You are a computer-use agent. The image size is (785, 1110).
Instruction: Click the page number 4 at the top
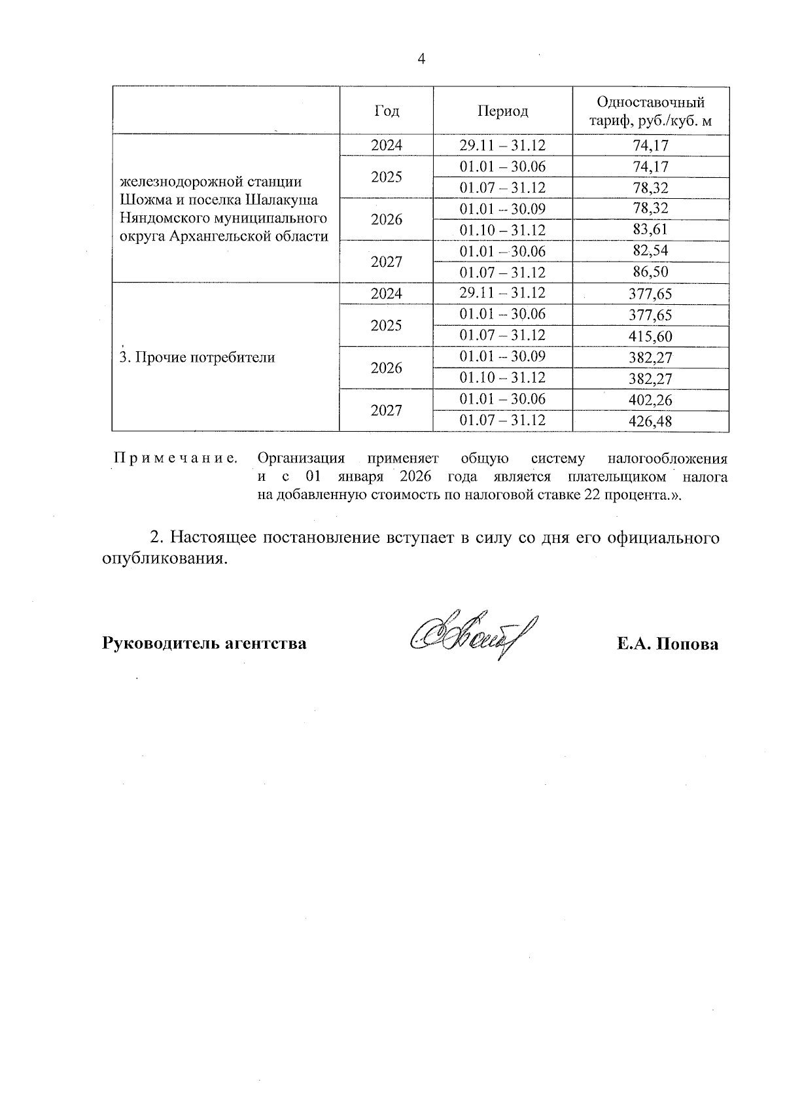click(421, 60)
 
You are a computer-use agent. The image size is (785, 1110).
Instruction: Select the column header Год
click(386, 111)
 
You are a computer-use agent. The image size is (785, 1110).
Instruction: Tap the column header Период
click(502, 111)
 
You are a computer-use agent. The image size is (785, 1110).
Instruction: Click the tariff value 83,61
click(650, 230)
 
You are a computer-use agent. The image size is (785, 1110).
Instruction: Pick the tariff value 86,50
click(650, 272)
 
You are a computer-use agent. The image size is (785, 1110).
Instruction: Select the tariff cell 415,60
click(650, 336)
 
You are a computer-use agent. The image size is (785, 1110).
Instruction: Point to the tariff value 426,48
click(650, 421)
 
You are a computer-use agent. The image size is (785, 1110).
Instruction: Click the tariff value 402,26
click(650, 400)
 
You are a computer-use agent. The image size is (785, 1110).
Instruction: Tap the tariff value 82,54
click(650, 251)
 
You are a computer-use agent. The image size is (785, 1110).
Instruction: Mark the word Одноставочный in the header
click(650, 103)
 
